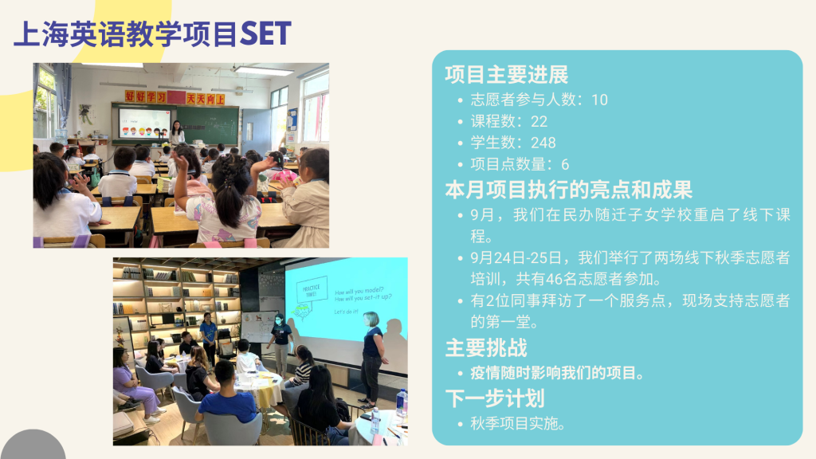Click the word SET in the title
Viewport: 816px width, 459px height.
pyautogui.click(x=265, y=33)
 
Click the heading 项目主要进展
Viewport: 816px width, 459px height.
pyautogui.click(x=506, y=74)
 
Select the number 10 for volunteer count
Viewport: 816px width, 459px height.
pyautogui.click(x=599, y=100)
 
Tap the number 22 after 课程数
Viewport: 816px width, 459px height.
pyautogui.click(x=539, y=121)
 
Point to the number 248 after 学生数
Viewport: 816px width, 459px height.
pyautogui.click(x=543, y=143)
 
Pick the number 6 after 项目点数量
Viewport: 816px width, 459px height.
pyautogui.click(x=565, y=164)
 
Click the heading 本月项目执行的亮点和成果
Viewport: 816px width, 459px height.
pyautogui.click(x=568, y=190)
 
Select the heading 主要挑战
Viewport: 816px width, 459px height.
pyautogui.click(x=486, y=347)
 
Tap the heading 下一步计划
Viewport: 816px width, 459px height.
pyautogui.click(x=495, y=398)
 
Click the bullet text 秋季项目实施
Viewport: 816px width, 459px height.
pyautogui.click(x=517, y=424)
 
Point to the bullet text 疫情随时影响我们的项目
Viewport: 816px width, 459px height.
pyautogui.click(x=557, y=373)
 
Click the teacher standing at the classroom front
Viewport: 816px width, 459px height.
pyautogui.click(x=177, y=132)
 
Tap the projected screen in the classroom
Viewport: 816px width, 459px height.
pyautogui.click(x=144, y=124)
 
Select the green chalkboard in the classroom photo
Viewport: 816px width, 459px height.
pyautogui.click(x=207, y=125)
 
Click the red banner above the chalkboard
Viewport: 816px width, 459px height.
pyautogui.click(x=175, y=97)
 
